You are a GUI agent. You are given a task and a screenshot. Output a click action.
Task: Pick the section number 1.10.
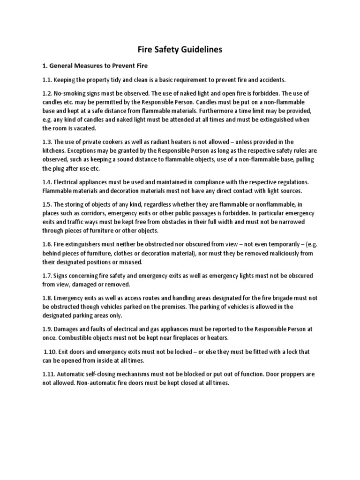click(51, 352)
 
